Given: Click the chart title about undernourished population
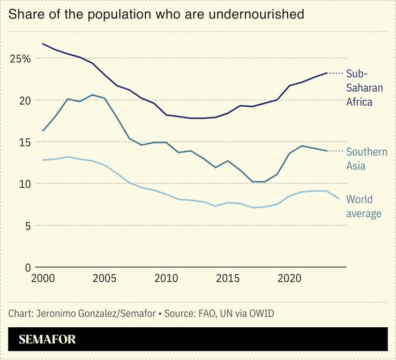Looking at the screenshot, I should tap(156, 14).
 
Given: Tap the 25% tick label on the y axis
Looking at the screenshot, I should tap(20, 58).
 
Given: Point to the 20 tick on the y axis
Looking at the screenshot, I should tap(25, 100).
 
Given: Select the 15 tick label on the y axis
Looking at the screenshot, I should tap(25, 142).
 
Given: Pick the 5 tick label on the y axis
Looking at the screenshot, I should tap(28, 225).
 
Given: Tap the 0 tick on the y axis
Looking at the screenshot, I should tap(28, 267).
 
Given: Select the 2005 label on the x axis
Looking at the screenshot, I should tap(104, 280).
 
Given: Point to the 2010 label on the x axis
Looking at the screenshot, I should tap(166, 280).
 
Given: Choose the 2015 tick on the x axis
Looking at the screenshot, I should tap(228, 280).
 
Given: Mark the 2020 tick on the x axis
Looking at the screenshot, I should tap(290, 280).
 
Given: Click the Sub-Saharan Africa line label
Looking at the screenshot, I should tap(364, 87).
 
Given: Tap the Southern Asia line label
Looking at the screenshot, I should tap(367, 159).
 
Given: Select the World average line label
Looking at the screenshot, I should tap(364, 207).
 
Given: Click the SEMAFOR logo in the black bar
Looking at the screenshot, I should tap(47, 340).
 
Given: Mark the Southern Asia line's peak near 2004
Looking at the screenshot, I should tap(92, 95).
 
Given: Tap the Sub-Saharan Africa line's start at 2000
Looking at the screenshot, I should tap(43, 44).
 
